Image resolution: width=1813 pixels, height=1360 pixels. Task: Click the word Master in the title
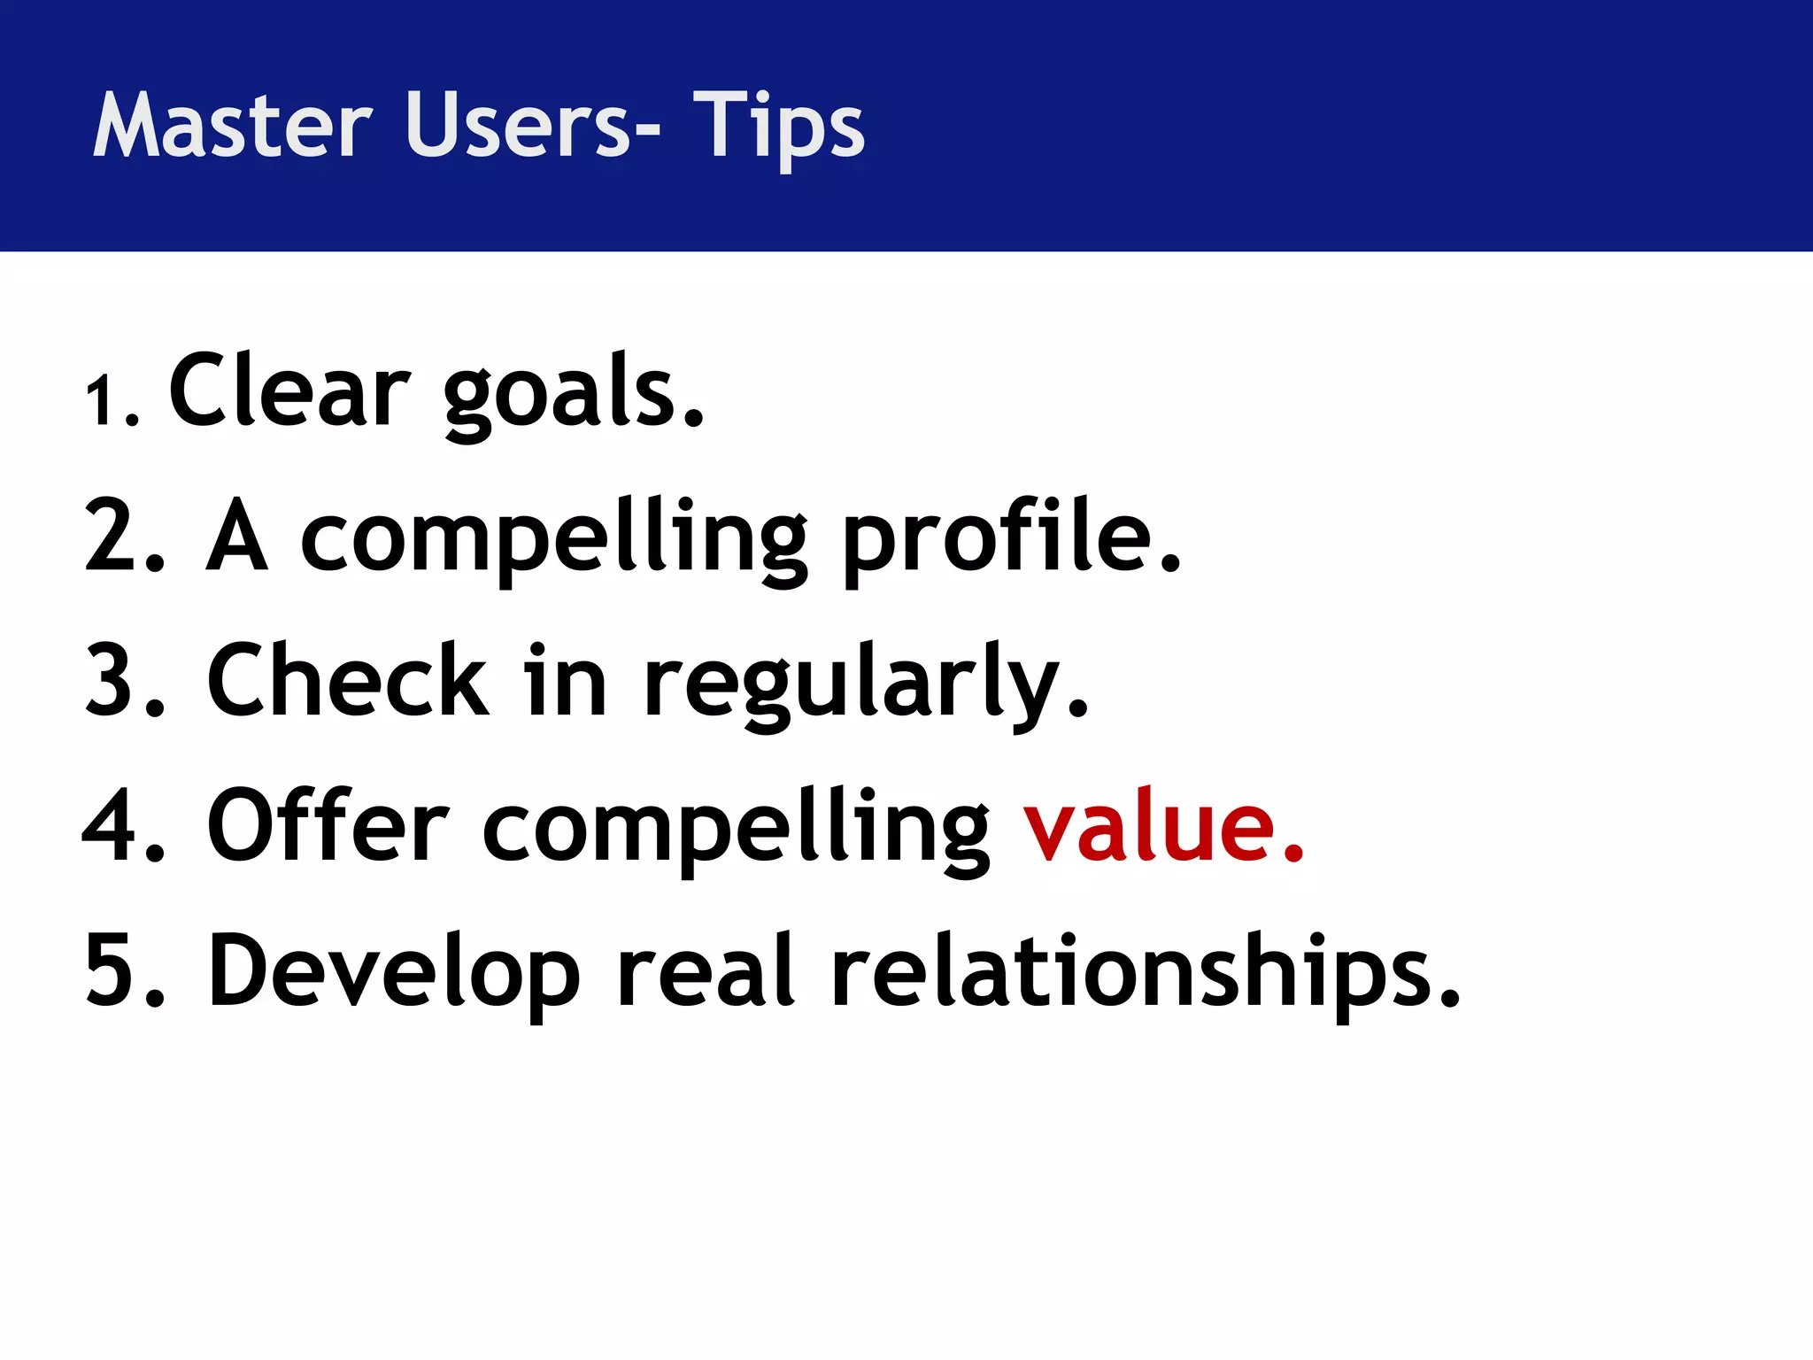[232, 126]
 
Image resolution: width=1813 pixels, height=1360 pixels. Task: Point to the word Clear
[289, 390]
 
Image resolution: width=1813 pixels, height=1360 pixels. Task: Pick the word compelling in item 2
[553, 538]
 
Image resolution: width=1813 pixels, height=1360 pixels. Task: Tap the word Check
[346, 681]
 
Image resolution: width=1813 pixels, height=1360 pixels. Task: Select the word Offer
[328, 826]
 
